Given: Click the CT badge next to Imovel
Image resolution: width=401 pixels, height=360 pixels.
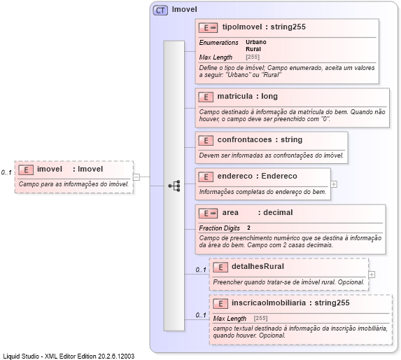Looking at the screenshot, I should click(160, 10).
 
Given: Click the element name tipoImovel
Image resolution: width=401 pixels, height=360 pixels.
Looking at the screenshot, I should click(241, 27).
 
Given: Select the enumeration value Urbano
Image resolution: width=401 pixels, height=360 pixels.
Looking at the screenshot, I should click(255, 42).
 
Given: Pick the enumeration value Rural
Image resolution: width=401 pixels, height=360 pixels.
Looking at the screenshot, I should click(253, 49).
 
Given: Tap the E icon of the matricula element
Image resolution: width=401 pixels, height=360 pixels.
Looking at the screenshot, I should click(206, 97).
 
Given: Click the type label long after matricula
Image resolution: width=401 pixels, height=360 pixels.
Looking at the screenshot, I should click(270, 97).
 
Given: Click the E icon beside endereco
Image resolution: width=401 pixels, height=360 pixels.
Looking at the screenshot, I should click(206, 176).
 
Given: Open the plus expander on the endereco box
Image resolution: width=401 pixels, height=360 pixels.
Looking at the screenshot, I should click(335, 184).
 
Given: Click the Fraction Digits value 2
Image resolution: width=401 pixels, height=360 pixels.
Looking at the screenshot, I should click(248, 228).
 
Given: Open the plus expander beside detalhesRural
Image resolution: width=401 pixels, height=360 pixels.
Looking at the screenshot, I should click(372, 274).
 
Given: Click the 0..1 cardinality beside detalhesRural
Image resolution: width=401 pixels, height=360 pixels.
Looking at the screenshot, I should click(201, 270).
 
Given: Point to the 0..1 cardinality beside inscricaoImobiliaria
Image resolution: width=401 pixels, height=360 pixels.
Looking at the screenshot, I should click(201, 315).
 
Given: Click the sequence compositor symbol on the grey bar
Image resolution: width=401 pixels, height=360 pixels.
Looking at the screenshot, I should click(174, 186).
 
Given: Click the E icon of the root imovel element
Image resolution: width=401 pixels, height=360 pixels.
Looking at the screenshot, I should click(26, 169).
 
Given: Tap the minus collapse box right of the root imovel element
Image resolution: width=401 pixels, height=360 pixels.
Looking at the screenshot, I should click(136, 177).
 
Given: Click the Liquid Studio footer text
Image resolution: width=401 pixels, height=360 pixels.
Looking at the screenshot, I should click(69, 356).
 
